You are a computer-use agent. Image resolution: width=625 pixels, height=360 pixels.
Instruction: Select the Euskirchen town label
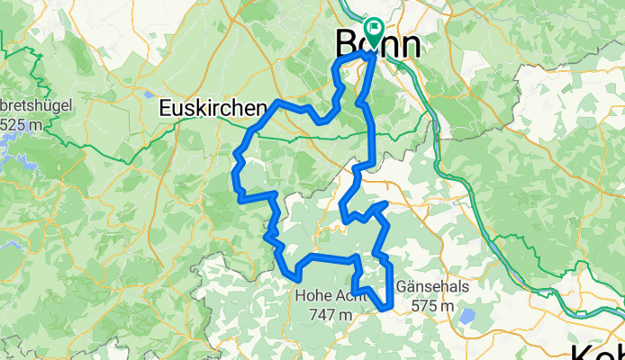point(213,108)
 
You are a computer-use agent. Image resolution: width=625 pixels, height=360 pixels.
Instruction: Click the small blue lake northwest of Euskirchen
point(148,93)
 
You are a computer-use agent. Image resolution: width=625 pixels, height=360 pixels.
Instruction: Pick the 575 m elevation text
point(431,306)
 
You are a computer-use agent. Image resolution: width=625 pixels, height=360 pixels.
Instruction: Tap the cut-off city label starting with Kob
point(597,350)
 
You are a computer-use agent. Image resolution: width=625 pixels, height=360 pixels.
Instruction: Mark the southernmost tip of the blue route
point(386,309)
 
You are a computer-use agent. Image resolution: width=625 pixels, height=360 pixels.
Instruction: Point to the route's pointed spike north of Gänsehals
point(385,205)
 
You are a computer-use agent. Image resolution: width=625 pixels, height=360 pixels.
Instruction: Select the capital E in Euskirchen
point(165,108)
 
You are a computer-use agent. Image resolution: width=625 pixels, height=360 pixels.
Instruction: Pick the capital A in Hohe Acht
point(335,294)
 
